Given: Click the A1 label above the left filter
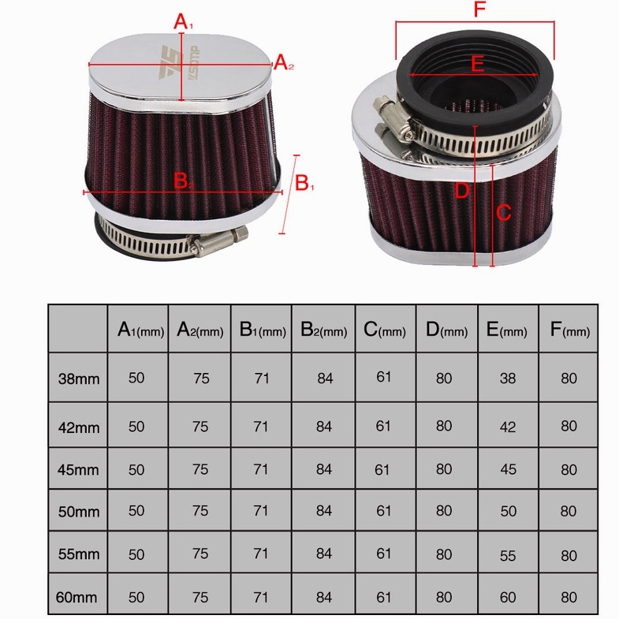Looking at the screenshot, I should click(x=183, y=22).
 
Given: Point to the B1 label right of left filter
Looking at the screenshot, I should click(x=304, y=183).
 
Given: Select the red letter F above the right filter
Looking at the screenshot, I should click(x=477, y=11).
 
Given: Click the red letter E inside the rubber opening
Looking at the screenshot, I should click(x=476, y=64).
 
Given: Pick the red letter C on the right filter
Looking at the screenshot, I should click(x=504, y=212).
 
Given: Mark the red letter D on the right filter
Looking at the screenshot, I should click(x=462, y=190).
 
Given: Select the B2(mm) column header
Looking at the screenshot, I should click(x=323, y=330).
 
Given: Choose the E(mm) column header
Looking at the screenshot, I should click(x=508, y=330).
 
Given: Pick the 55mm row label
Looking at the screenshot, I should click(x=79, y=554).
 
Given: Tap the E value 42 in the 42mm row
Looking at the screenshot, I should click(x=508, y=427).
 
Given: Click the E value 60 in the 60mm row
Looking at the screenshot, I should click(x=508, y=597).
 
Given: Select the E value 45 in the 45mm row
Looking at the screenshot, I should click(x=508, y=469).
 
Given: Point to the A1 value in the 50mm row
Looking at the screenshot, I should click(x=136, y=511).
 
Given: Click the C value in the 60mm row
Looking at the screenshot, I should click(x=384, y=597).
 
